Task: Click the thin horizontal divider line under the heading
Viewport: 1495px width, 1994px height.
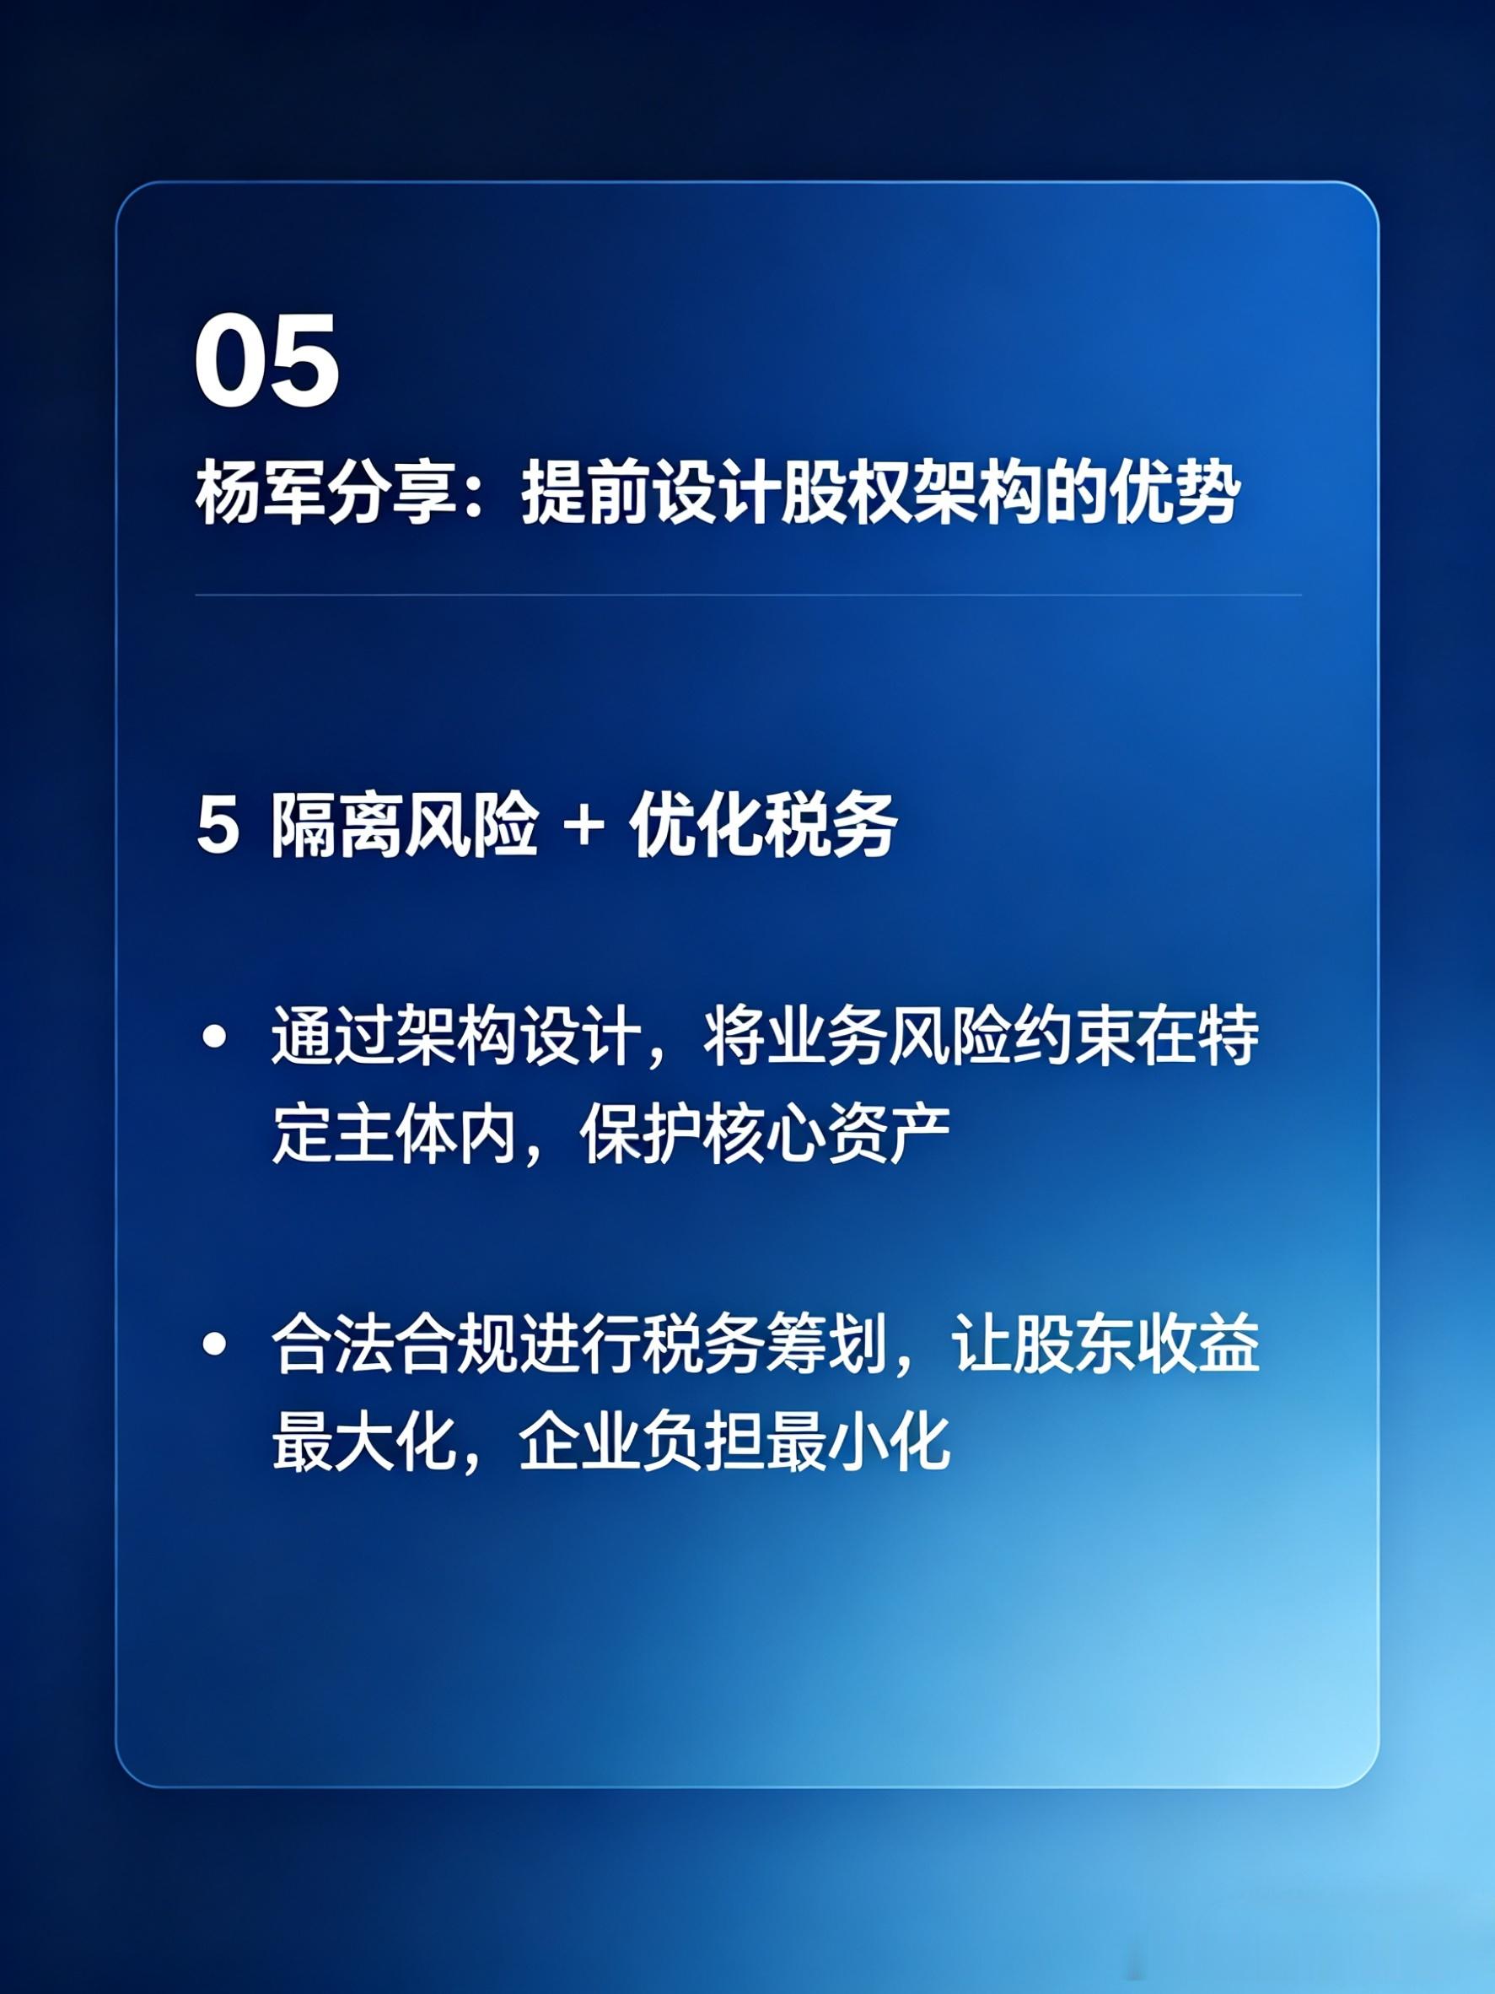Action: (748, 595)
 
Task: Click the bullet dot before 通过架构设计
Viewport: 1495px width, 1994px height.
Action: (214, 1037)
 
